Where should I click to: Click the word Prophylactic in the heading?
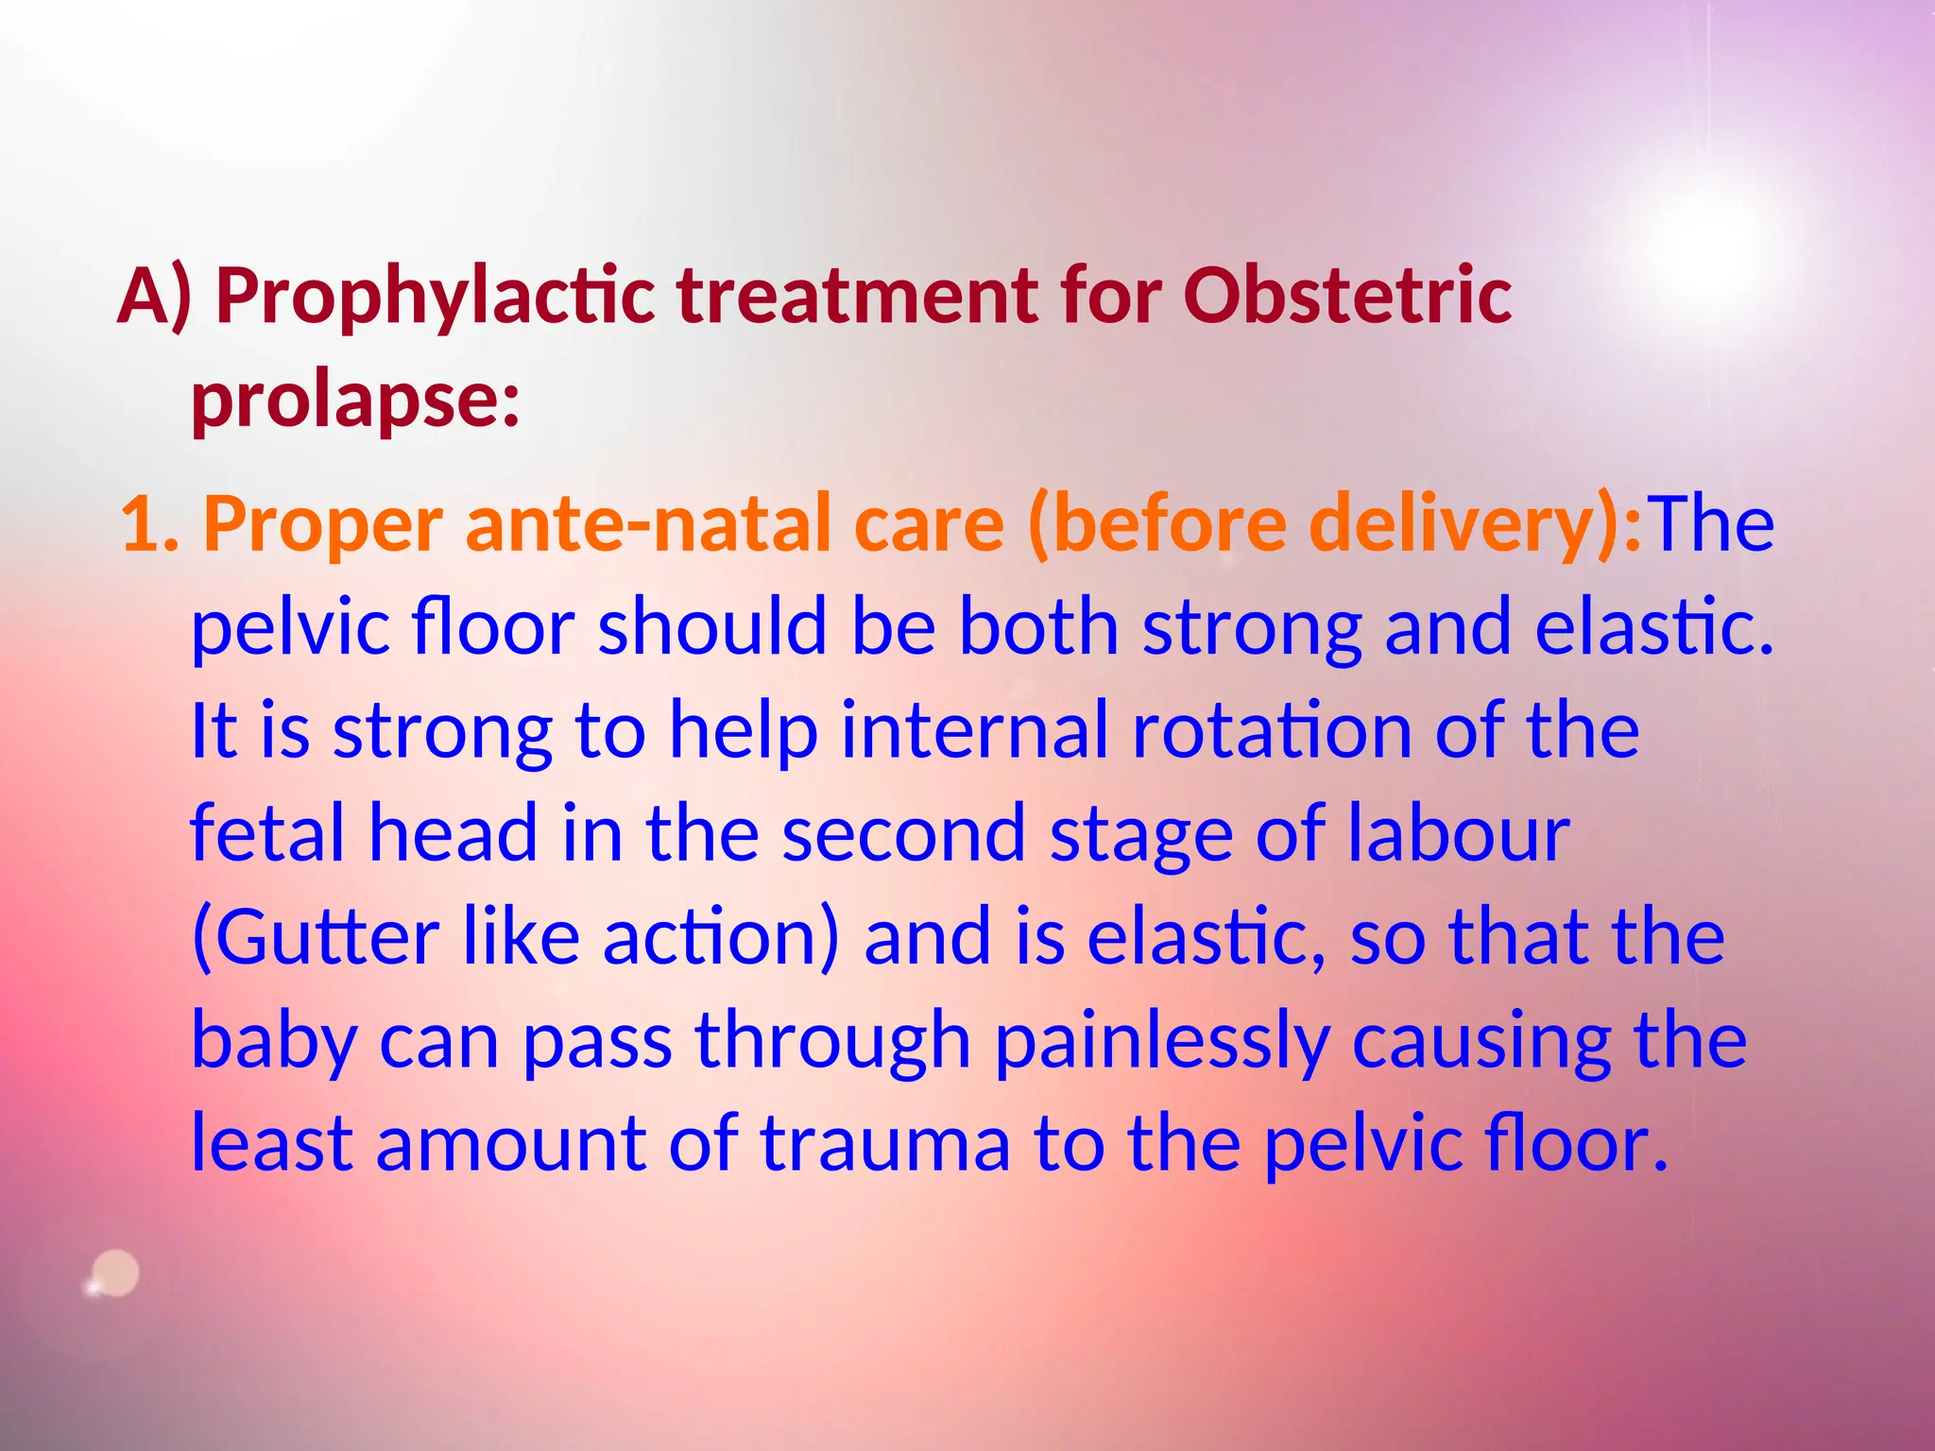coord(436,297)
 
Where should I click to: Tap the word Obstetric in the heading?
coord(1346,297)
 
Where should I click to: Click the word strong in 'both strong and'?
coord(1252,628)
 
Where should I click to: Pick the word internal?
coord(974,731)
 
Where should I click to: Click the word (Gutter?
coord(315,938)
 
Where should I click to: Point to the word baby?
coord(274,1042)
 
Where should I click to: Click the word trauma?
coord(885,1145)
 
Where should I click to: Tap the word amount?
coord(510,1145)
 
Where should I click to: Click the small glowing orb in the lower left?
coord(115,1274)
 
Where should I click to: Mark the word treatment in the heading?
coord(857,297)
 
